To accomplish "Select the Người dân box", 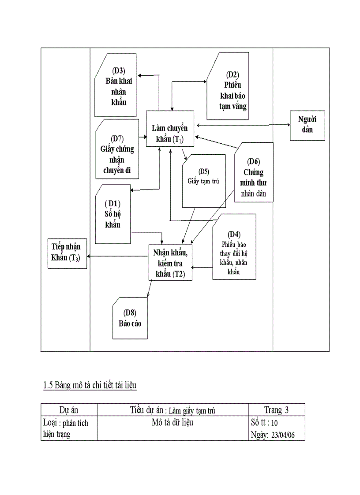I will [x=307, y=125].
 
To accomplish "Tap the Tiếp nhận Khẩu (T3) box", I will [x=67, y=254].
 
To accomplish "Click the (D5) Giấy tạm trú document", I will [x=203, y=181].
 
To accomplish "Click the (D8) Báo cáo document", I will [x=130, y=318].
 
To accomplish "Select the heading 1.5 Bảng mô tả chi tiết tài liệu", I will [x=90, y=386].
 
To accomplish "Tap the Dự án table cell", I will [x=69, y=410].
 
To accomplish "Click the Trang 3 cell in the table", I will [x=276, y=410].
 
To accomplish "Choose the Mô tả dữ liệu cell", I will [x=172, y=423].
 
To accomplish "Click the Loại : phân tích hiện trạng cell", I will [x=69, y=428].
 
